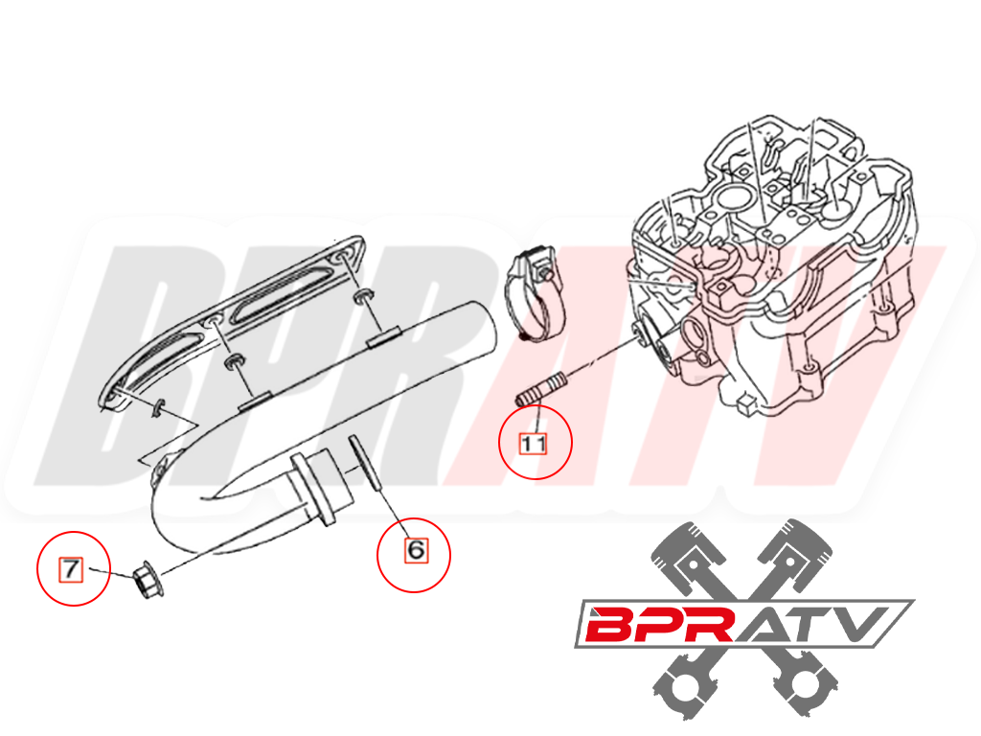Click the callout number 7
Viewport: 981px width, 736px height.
(x=71, y=569)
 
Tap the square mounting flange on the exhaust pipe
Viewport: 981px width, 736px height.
(x=311, y=490)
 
